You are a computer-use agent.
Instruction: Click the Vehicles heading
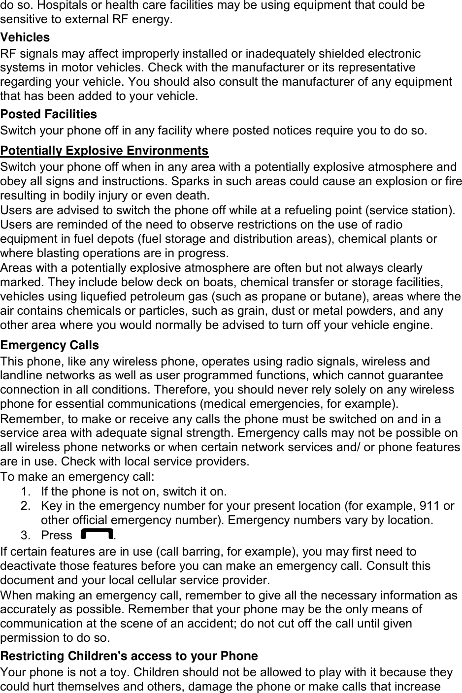(x=25, y=37)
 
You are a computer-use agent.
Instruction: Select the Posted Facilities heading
(x=49, y=114)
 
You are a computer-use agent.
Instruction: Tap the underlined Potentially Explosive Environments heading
(x=104, y=151)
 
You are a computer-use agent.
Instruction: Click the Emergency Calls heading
(x=50, y=345)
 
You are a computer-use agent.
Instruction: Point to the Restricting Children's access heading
(x=129, y=656)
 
